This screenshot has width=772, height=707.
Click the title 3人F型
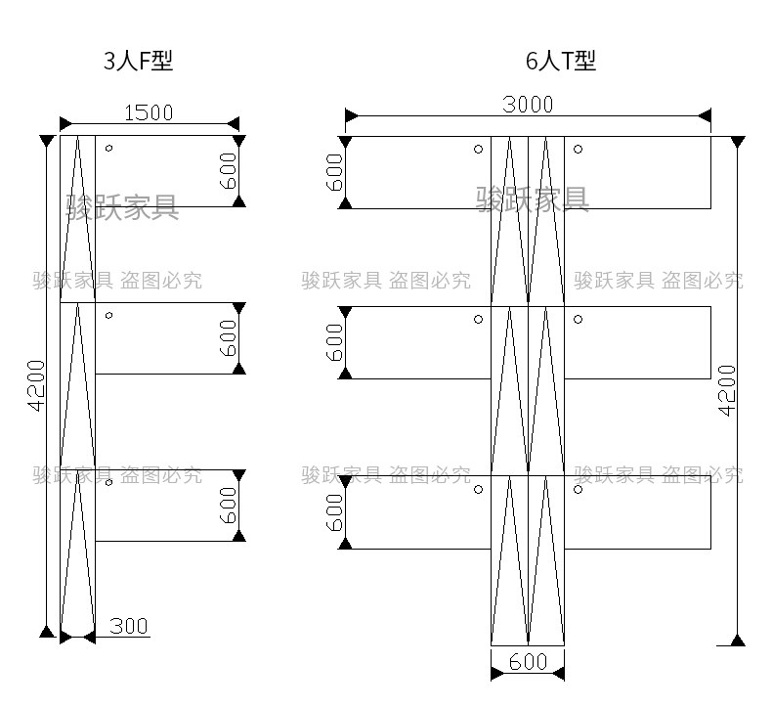click(138, 62)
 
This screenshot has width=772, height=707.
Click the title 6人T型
click(560, 62)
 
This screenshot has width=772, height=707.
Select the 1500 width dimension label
click(149, 112)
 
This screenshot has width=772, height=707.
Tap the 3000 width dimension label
click(528, 105)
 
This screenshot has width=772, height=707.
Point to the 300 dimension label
click(128, 626)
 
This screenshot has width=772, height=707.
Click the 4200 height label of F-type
click(36, 386)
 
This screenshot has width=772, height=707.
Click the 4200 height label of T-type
click(727, 390)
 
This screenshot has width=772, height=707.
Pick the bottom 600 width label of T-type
click(529, 662)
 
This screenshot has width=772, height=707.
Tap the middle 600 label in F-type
click(228, 338)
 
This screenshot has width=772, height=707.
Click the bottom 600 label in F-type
click(228, 506)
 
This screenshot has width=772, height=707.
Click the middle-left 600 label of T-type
click(334, 342)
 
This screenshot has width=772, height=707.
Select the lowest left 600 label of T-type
click(334, 511)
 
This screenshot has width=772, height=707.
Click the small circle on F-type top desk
click(109, 149)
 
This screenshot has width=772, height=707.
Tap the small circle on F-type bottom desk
click(109, 482)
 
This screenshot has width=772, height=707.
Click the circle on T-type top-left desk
click(478, 150)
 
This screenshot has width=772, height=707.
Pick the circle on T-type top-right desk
click(579, 150)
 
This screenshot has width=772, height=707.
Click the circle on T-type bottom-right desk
click(579, 489)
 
